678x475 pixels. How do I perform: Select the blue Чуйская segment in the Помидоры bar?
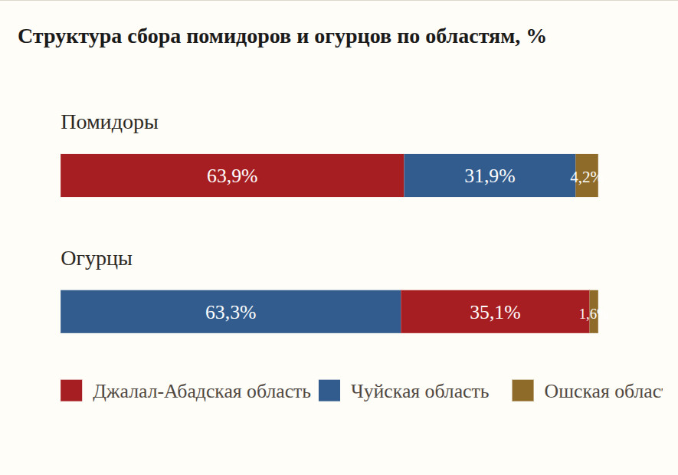pyautogui.click(x=444, y=175)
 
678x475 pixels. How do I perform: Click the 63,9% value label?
pyautogui.click(x=232, y=176)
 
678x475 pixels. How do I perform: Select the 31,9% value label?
pyautogui.click(x=490, y=176)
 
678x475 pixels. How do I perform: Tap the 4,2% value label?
pyautogui.click(x=584, y=177)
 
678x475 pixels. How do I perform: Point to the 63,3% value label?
pyautogui.click(x=231, y=313)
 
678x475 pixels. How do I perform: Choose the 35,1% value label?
pyautogui.click(x=495, y=313)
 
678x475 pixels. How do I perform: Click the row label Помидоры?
pyautogui.click(x=110, y=123)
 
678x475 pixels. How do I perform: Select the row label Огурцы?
pyautogui.click(x=97, y=259)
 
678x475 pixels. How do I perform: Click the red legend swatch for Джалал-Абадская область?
pyautogui.click(x=71, y=391)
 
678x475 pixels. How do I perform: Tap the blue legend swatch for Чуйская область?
pyautogui.click(x=329, y=391)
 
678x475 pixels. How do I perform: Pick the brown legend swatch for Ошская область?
pyautogui.click(x=522, y=391)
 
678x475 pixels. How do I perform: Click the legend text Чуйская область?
pyautogui.click(x=420, y=391)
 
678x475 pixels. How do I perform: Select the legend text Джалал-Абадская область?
pyautogui.click(x=201, y=391)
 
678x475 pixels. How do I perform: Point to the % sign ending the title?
pyautogui.click(x=536, y=37)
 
